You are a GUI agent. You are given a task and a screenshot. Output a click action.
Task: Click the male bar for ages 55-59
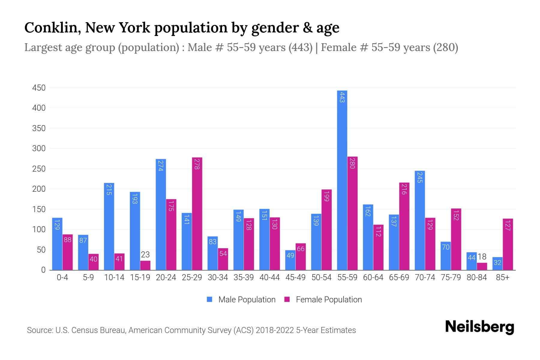(342, 180)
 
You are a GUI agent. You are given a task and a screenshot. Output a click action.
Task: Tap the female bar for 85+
(508, 244)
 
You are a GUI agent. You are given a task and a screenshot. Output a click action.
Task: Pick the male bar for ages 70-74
(420, 220)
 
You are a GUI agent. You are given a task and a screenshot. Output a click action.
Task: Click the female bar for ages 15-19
(145, 265)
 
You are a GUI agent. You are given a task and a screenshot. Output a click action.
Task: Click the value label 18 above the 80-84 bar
(482, 257)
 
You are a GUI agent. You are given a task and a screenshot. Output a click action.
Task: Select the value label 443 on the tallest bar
(342, 97)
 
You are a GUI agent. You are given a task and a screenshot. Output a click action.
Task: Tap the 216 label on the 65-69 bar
(404, 189)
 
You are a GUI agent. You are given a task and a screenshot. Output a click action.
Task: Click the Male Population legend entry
(241, 299)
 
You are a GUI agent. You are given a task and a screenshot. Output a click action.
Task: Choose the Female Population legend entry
(323, 299)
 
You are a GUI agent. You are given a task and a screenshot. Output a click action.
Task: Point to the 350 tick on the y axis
(39, 128)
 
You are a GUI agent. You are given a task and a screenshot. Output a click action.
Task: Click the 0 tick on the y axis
(43, 270)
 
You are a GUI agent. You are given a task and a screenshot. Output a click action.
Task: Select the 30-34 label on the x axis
(218, 277)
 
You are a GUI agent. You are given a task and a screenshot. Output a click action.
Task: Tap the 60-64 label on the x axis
(373, 277)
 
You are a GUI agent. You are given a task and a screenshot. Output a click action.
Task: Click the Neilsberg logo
(479, 327)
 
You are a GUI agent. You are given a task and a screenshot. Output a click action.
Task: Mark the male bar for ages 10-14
(109, 226)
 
